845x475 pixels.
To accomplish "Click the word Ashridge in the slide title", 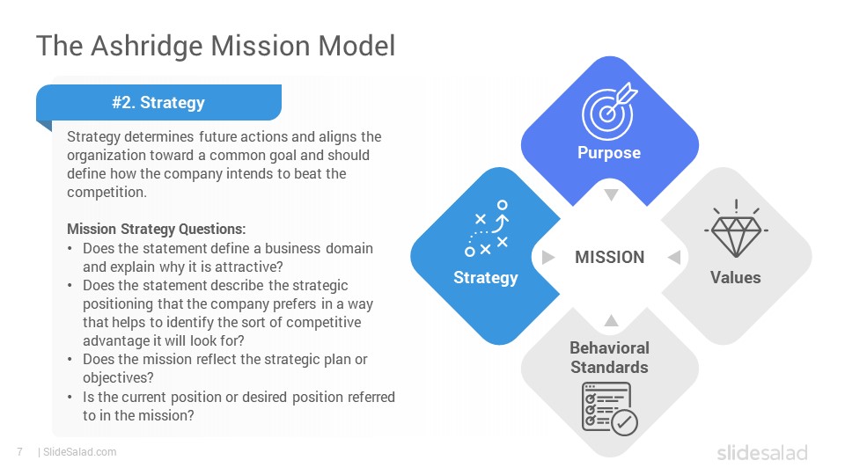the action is point(147,47).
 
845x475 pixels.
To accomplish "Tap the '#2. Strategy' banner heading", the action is point(158,102).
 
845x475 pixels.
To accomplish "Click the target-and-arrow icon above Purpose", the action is point(609,111).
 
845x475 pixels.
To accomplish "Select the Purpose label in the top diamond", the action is point(609,152).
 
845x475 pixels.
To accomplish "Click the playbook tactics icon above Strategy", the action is point(487,228).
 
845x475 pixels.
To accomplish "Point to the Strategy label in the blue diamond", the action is point(486,277).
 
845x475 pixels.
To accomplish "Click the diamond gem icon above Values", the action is point(736,229).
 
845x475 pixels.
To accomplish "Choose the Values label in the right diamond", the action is point(736,277).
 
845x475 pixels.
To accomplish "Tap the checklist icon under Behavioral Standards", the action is point(609,408).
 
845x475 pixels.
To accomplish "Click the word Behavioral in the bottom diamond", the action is point(609,348).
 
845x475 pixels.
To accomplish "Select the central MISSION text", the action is point(609,257).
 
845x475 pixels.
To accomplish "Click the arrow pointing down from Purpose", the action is point(611,194).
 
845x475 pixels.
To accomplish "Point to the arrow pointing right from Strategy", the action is point(548,258).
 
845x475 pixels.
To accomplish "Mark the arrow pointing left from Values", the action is point(674,258).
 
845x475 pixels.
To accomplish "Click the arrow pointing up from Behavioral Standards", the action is point(611,320).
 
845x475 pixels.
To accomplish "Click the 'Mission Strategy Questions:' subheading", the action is point(157,229).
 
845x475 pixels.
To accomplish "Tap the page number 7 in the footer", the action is point(20,452).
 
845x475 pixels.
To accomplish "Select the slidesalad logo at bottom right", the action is point(762,452).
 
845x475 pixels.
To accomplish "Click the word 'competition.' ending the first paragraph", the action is point(107,193).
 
